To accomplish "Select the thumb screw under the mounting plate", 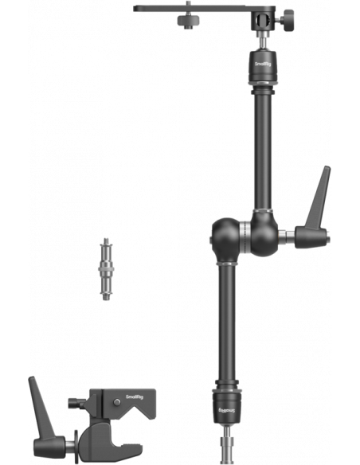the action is point(188,21).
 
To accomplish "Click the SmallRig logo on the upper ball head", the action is point(263,64).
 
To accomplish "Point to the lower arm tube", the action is point(227,322).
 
